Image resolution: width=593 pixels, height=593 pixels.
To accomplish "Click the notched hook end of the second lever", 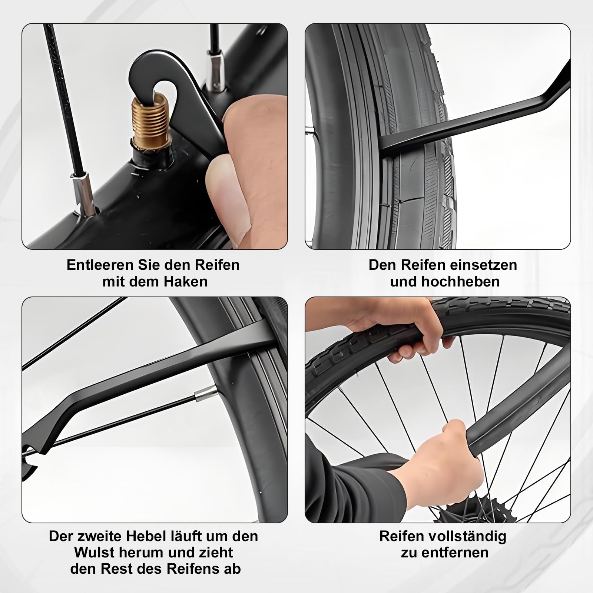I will [32, 460].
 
